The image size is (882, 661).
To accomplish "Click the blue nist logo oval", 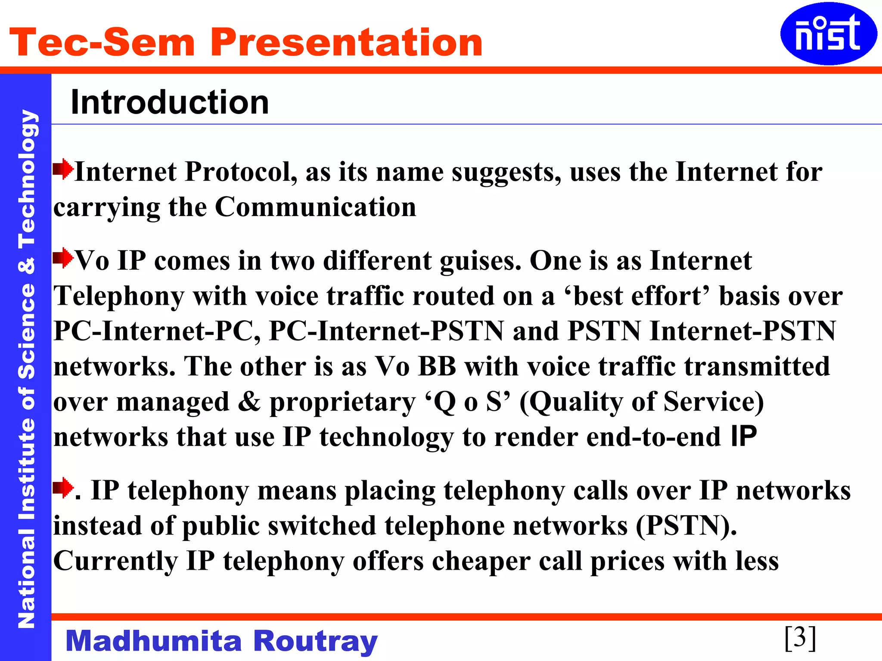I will pyautogui.click(x=828, y=34).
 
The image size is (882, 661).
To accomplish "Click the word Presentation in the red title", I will pyautogui.click(x=346, y=42).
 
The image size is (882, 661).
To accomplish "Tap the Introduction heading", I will pyautogui.click(x=170, y=102).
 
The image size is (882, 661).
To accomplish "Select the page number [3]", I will pyautogui.click(x=800, y=637).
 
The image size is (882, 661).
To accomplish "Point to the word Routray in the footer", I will pyautogui.click(x=315, y=641).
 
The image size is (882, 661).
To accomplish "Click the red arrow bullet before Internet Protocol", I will pyautogui.click(x=63, y=169).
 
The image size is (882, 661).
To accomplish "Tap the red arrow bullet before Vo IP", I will pyautogui.click(x=63, y=258).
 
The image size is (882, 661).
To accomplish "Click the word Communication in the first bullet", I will pyautogui.click(x=315, y=207).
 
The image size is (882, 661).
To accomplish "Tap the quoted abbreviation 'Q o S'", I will pyautogui.click(x=468, y=402).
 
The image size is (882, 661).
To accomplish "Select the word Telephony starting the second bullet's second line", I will pyautogui.click(x=119, y=297).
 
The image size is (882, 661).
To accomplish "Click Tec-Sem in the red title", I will pyautogui.click(x=102, y=42).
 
